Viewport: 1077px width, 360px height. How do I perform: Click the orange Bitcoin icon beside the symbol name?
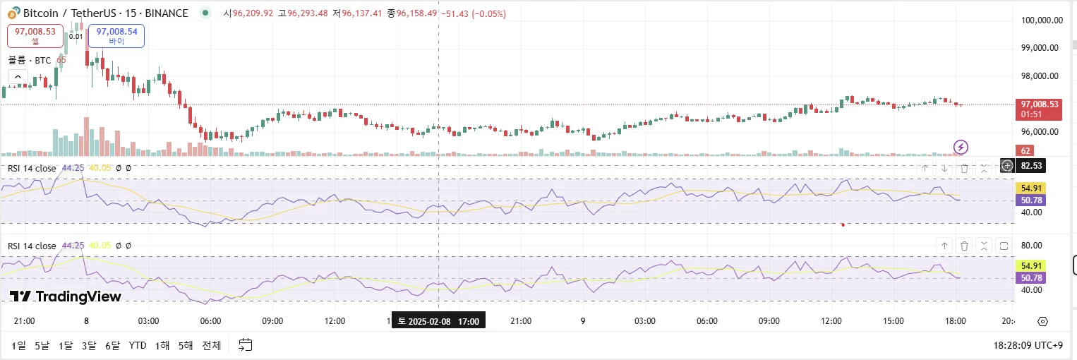pos(11,13)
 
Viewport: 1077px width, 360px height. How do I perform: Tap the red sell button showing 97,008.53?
pos(35,36)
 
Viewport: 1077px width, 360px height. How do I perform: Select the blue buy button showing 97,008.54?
pos(116,36)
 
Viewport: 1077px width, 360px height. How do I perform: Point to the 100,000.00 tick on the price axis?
pos(1042,20)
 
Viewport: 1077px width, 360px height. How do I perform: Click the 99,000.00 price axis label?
pos(1042,48)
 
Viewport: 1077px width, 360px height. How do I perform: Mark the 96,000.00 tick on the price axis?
pos(1042,132)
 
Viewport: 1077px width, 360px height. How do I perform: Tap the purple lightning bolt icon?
pos(961,147)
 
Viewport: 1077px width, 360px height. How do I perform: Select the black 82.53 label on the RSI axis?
pos(1031,166)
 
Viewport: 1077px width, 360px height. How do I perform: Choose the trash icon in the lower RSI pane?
pos(964,246)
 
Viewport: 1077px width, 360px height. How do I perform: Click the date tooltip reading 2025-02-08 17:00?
pos(438,321)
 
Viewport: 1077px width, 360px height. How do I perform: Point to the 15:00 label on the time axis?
pos(893,321)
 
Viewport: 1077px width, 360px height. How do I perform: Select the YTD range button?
pos(138,345)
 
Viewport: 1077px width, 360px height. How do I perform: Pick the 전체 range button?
pos(212,345)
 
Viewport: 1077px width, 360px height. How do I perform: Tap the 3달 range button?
pos(89,345)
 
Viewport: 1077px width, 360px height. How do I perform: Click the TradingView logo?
pos(66,296)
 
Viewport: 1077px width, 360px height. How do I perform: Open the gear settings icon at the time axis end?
pos(1042,322)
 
